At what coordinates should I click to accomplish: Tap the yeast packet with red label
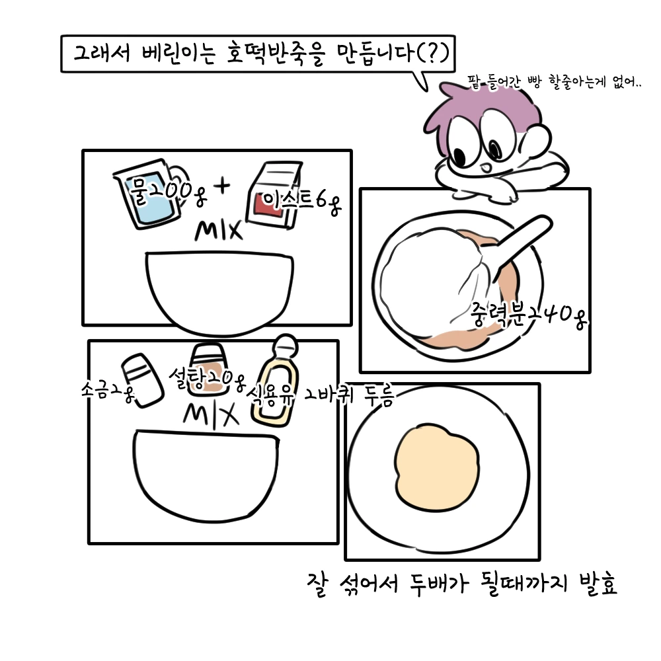click(273, 197)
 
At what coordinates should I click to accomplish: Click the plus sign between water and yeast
click(223, 187)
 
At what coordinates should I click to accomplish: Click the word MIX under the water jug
click(219, 231)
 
